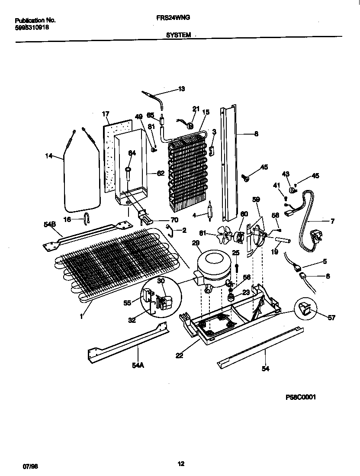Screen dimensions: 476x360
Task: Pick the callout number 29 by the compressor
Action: pos(196,244)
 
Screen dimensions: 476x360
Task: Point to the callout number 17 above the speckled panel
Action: pos(106,114)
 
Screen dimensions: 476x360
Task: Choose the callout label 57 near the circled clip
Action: pos(331,318)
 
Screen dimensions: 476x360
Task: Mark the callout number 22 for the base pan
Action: pos(179,355)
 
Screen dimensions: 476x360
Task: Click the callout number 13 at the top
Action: pos(181,89)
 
